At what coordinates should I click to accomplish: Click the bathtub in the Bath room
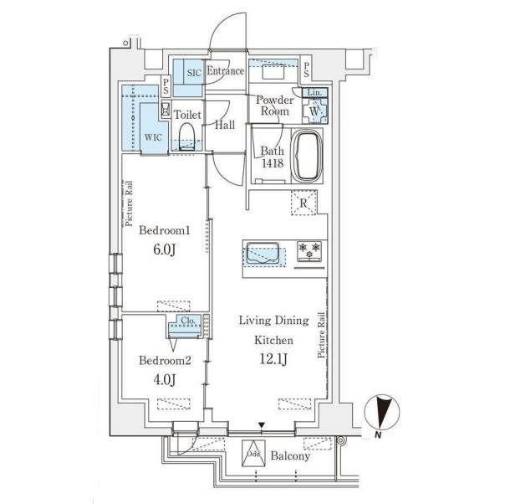(307, 156)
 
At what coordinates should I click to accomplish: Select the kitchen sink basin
(263, 253)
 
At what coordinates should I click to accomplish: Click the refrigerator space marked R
(304, 203)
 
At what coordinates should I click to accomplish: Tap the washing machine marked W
(314, 111)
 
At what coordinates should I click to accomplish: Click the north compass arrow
(382, 412)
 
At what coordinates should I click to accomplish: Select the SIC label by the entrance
(194, 73)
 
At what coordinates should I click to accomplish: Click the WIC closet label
(153, 137)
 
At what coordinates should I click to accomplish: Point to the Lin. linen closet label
(314, 93)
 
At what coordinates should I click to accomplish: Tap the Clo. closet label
(188, 321)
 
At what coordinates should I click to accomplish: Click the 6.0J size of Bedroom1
(164, 249)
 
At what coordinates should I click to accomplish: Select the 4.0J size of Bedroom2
(164, 379)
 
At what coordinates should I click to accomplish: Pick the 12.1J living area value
(273, 359)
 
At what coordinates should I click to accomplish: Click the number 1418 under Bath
(273, 163)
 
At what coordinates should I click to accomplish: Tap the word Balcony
(290, 455)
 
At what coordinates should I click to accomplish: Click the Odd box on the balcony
(253, 454)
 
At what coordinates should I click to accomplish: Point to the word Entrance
(226, 70)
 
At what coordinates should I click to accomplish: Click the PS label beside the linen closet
(306, 70)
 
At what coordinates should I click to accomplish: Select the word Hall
(225, 125)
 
